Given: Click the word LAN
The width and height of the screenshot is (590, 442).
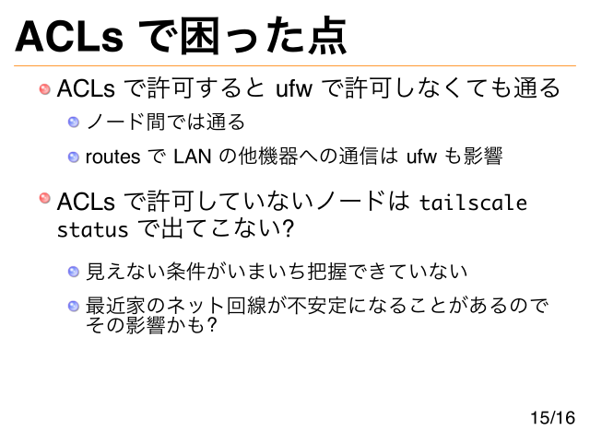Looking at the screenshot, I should [x=190, y=157].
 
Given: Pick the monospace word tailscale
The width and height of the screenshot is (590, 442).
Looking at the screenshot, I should [x=473, y=203].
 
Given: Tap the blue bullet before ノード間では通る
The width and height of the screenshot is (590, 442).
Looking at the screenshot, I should [x=74, y=122].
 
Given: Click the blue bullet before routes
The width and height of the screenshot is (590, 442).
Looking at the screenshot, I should [x=74, y=157].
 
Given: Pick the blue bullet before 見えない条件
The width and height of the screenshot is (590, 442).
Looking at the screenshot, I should [x=74, y=272].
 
